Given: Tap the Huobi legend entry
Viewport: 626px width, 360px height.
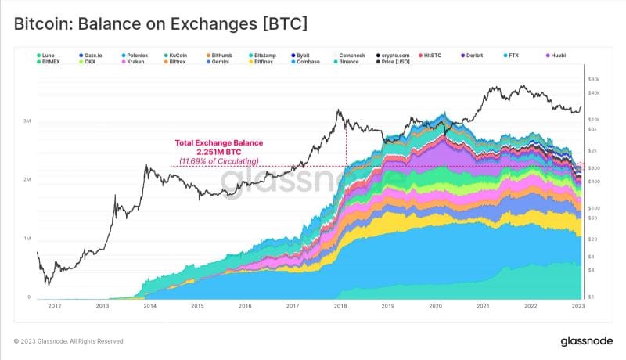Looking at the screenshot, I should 558,56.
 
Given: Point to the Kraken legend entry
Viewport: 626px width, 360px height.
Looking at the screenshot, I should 134,61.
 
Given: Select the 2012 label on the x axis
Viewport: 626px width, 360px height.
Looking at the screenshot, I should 54,307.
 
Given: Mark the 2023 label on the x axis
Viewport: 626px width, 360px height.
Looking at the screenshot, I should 577,307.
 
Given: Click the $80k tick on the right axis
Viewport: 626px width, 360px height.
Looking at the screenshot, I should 594,79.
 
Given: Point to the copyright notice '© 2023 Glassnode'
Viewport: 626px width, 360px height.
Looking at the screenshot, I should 69,342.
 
